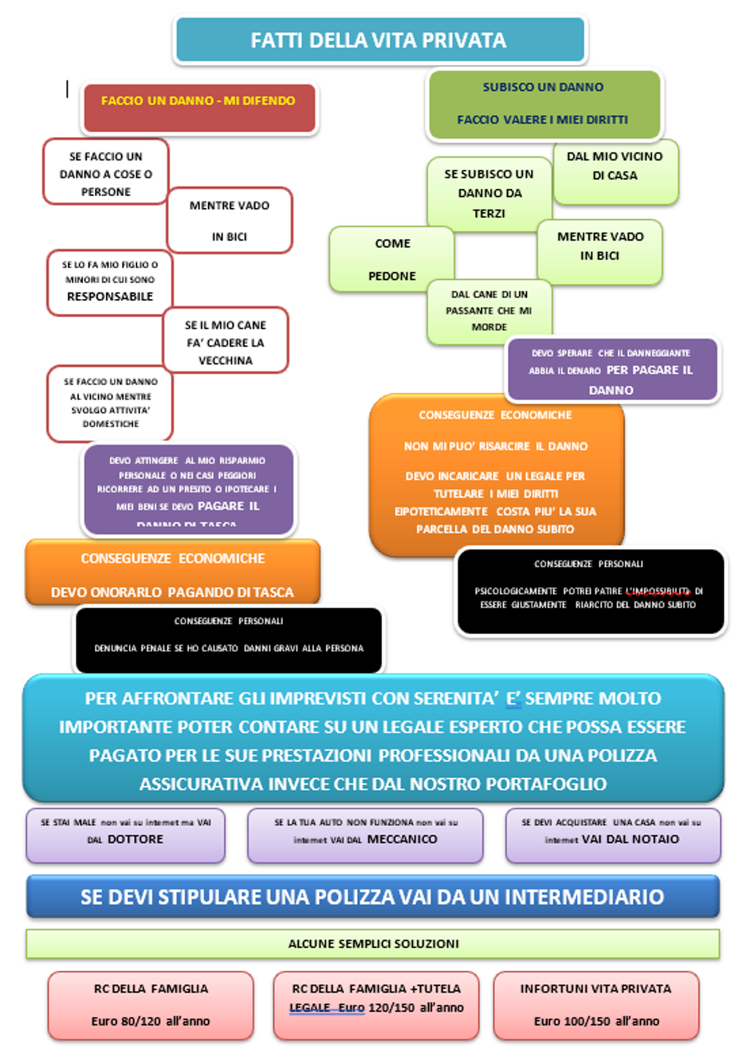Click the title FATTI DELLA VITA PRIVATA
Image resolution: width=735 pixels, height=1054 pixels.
click(x=379, y=40)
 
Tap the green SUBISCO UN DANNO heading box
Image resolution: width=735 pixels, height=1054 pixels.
click(x=544, y=104)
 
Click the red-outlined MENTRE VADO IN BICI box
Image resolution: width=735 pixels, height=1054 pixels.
click(x=230, y=221)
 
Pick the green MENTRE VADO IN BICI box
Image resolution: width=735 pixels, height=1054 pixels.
click(x=600, y=251)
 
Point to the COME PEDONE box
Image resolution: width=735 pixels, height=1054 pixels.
click(x=391, y=259)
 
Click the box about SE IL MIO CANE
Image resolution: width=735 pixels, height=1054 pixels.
click(x=226, y=341)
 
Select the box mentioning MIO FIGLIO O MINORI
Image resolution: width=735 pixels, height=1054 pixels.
click(x=110, y=281)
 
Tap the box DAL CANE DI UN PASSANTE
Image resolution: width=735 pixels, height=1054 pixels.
click(x=489, y=311)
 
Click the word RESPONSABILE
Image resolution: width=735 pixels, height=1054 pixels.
click(x=110, y=297)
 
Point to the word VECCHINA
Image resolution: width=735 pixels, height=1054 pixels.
click(x=226, y=360)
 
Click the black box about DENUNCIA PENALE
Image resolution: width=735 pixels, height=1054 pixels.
click(x=229, y=640)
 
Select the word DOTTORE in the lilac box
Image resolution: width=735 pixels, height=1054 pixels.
click(x=135, y=840)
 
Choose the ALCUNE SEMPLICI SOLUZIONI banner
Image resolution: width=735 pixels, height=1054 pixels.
click(x=373, y=943)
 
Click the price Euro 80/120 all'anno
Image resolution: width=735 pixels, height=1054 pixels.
click(x=151, y=1021)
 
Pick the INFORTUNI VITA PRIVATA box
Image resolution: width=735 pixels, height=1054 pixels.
click(x=595, y=1005)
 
